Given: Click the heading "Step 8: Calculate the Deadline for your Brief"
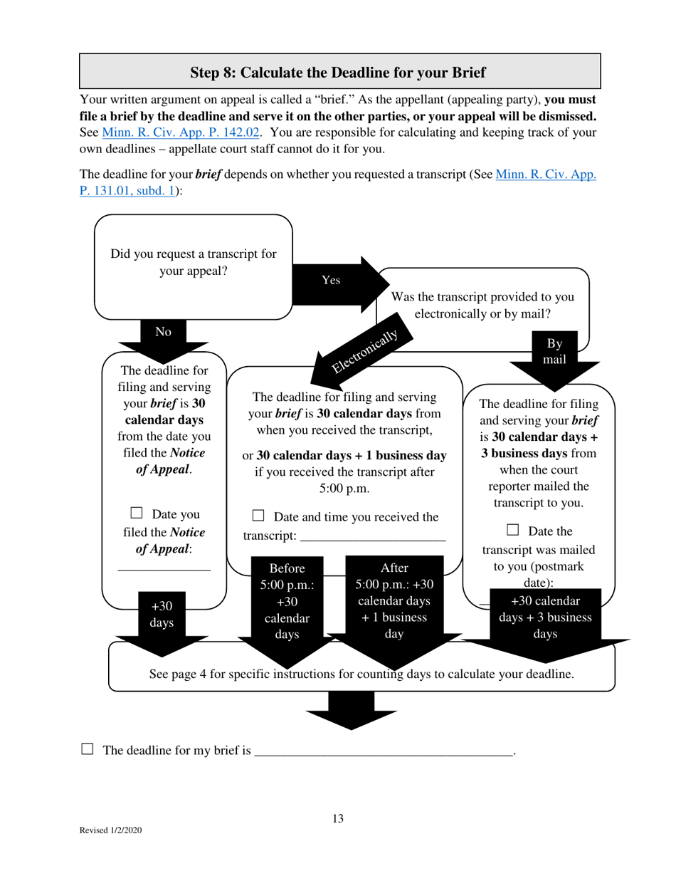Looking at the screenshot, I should pos(339,72).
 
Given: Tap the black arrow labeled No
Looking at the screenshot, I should pos(164,335).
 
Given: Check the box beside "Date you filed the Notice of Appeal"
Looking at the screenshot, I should pos(137,513).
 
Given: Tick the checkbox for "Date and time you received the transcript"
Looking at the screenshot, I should pos(259,515).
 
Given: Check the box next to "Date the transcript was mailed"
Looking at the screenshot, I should pos(513,529).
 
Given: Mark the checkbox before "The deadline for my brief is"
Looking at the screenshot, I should pos(88,749).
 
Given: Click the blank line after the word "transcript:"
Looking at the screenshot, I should pos(373,537).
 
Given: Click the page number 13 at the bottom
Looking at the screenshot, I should pos(338,819).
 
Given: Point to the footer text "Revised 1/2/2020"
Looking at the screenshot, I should pos(110,830).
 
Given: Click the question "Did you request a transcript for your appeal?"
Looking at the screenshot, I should pos(194,263).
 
